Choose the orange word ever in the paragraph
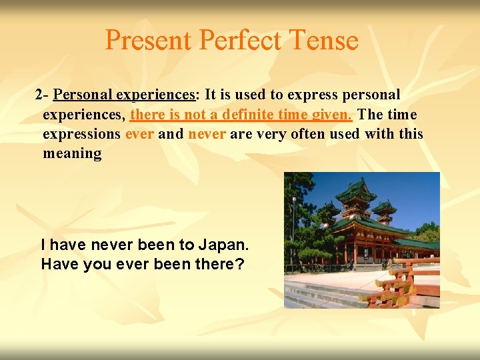(139, 133)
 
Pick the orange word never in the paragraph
(207, 133)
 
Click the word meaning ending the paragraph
(72, 153)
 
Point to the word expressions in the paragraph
(81, 133)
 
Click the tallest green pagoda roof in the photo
(355, 192)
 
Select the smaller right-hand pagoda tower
(384, 212)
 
